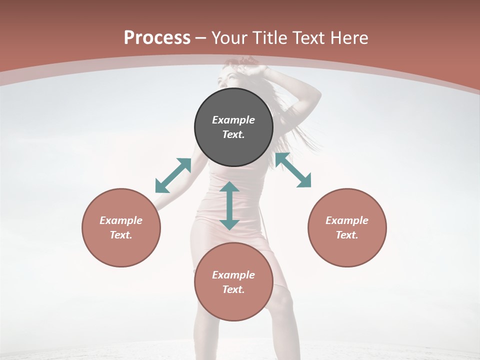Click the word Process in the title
[x=157, y=38]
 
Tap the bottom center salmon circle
[x=233, y=305]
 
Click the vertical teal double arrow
[x=229, y=205]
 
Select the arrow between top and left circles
[x=173, y=175]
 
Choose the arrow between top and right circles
[x=293, y=170]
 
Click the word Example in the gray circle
[x=233, y=120]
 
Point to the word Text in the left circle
[x=121, y=235]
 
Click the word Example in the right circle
[x=347, y=220]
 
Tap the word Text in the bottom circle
[x=233, y=289]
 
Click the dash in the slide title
[x=201, y=38]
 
